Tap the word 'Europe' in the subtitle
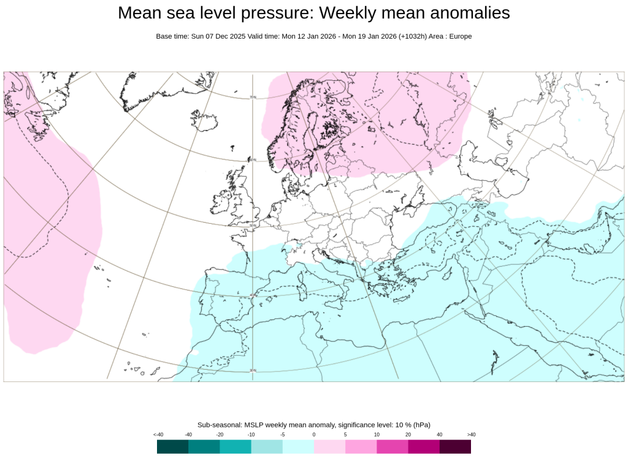(x=460, y=37)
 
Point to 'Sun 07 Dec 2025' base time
(x=218, y=37)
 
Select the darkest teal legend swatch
(x=172, y=446)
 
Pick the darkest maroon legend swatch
(x=455, y=446)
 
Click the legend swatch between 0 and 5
(x=329, y=446)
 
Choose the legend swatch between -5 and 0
(x=298, y=446)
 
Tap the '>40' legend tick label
(x=471, y=435)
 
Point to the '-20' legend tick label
(x=220, y=435)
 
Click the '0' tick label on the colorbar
(x=314, y=435)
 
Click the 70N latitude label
(x=253, y=97)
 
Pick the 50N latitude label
(x=252, y=226)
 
